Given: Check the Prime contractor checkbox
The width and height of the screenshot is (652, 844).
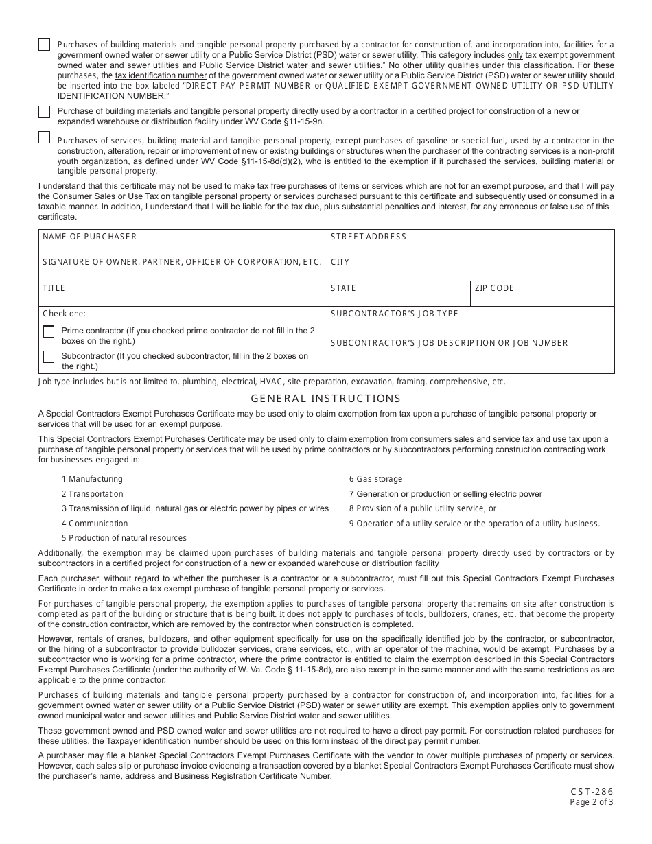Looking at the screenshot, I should click(x=49, y=332).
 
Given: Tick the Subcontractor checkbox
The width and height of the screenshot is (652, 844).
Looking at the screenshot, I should click(x=49, y=357).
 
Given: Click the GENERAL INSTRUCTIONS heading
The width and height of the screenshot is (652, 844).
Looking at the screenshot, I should click(x=325, y=399).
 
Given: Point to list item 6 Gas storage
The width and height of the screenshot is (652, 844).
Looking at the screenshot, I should click(x=375, y=479).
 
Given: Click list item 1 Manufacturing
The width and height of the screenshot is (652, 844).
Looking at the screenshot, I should click(x=92, y=479).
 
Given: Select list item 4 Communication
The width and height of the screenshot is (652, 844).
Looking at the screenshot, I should click(x=95, y=524).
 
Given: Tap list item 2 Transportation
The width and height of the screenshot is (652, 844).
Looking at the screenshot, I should click(x=93, y=494).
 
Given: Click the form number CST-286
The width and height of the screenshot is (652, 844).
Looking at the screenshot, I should click(x=592, y=791).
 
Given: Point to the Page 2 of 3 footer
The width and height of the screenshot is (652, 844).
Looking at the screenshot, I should click(x=592, y=801).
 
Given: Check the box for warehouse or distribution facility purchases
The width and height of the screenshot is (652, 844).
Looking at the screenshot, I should click(x=45, y=112).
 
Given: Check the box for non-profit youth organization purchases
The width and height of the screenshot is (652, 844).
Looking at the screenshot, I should click(x=45, y=137).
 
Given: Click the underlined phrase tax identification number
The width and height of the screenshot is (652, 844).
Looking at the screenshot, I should click(x=161, y=75).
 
